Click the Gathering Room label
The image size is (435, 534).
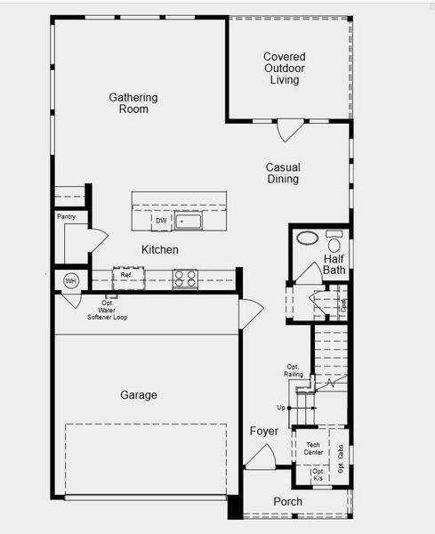pos(133,103)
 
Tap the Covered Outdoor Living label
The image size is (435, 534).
pos(285,69)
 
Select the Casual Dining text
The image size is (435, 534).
pos(283,174)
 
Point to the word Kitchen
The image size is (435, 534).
pos(160,250)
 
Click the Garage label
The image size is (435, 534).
pos(139,395)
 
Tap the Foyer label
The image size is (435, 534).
pos(263,432)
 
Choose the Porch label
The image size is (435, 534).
pos(287,502)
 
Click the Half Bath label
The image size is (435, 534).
pos(334,264)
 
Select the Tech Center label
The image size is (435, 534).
pos(313,449)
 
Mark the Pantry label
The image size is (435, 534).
pos(66,216)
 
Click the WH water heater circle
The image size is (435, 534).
pos(71,281)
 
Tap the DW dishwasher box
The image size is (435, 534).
pos(161,221)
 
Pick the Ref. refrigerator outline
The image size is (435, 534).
pos(127,277)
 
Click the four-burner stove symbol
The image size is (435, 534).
pos(185,279)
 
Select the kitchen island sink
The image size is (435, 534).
pos(188,220)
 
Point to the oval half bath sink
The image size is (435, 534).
pos(307,239)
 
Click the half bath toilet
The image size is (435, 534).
pos(334,241)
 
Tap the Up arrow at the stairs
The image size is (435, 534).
pos(282,408)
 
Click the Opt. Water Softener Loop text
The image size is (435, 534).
pos(107,310)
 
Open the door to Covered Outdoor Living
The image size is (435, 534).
pos(291,131)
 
